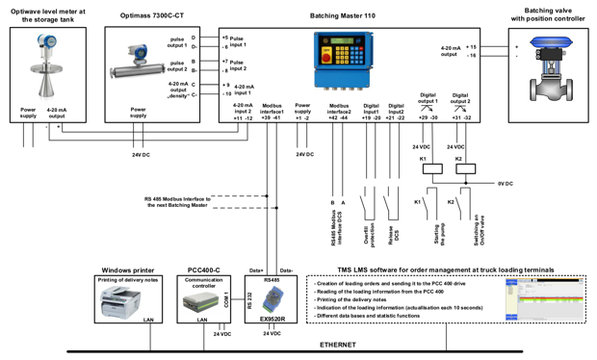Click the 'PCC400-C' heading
click(203, 270)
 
